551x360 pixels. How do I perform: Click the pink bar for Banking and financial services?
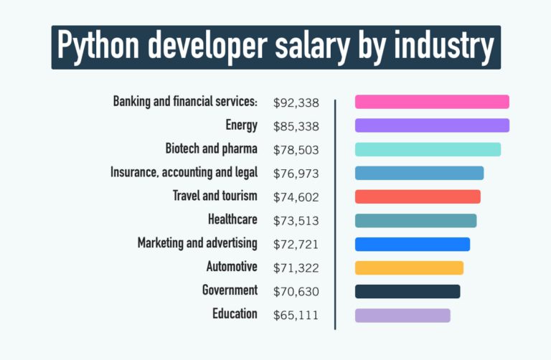[x=432, y=102]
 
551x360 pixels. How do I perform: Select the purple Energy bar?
[x=432, y=125]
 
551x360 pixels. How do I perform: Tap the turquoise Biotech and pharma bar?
[x=428, y=149]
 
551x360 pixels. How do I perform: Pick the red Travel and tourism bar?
[x=418, y=196]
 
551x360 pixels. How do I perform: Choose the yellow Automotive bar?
[x=409, y=267]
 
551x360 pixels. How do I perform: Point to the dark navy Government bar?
[x=408, y=291]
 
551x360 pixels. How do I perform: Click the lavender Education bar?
[x=402, y=315]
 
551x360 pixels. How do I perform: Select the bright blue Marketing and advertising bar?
[x=413, y=244]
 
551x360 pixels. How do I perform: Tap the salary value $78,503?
[x=296, y=151]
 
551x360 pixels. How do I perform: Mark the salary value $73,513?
[x=296, y=221]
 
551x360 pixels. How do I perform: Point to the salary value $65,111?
[x=296, y=315]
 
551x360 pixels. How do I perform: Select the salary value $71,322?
[x=296, y=268]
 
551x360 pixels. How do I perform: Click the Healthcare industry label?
[x=232, y=219]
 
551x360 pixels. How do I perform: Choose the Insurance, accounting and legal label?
[x=184, y=173]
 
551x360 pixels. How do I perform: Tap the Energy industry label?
[x=241, y=125]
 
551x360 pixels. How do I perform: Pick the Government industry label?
[x=230, y=290]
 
